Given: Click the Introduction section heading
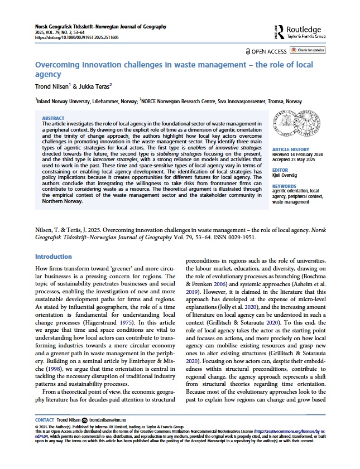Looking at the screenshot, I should click(54, 257).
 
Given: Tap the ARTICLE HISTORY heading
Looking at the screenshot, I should click(291, 151).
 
